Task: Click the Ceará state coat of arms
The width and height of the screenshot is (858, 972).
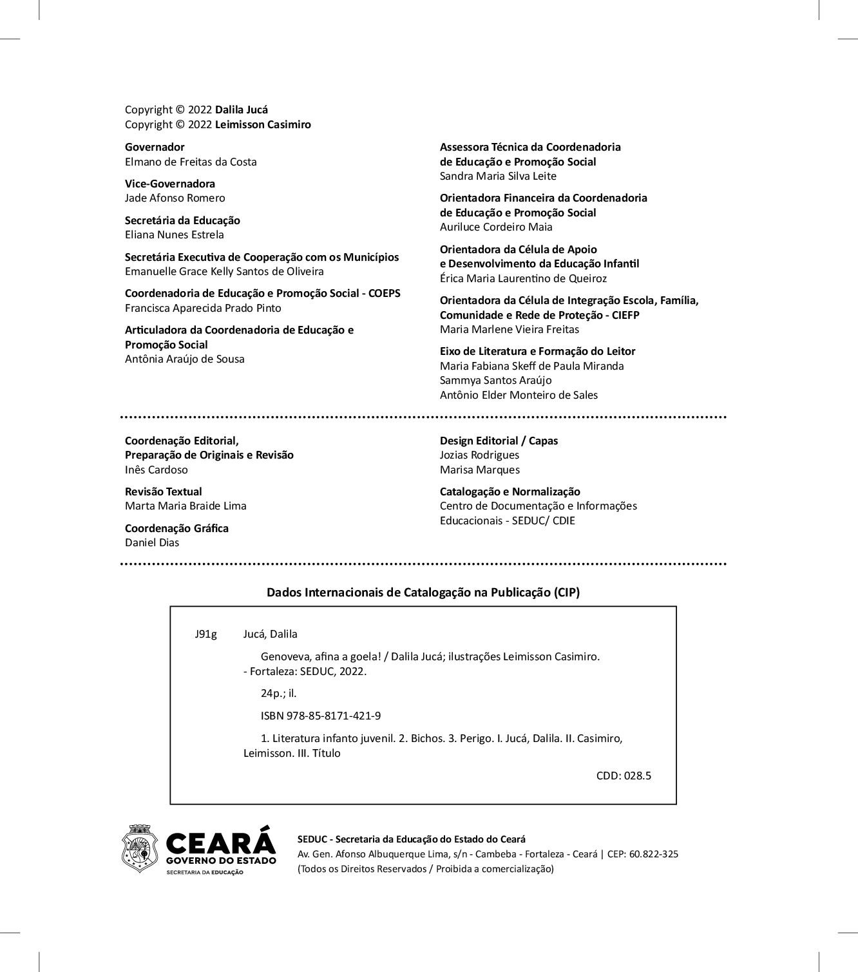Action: click(x=140, y=848)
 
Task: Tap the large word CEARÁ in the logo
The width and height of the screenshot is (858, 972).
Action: click(x=220, y=841)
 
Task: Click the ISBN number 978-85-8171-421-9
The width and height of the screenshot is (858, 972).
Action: click(x=321, y=716)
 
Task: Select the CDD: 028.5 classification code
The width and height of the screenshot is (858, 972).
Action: click(x=624, y=776)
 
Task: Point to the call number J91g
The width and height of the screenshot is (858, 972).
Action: click(x=205, y=634)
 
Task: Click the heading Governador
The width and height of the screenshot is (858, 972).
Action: click(x=155, y=147)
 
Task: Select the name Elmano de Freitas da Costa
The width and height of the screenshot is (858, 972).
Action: click(x=191, y=162)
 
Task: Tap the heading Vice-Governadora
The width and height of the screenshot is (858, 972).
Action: click(x=170, y=184)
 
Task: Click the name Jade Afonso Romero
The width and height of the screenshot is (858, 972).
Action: click(x=175, y=198)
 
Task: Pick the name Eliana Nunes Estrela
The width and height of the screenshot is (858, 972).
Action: click(x=175, y=234)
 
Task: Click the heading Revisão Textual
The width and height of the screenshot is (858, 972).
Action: click(x=164, y=491)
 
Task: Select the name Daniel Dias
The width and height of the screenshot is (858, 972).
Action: click(x=152, y=542)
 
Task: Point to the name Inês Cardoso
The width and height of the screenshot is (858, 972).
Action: click(x=157, y=470)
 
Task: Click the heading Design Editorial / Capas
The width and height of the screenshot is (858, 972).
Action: click(x=499, y=441)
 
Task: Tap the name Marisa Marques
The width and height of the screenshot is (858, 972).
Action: click(x=480, y=470)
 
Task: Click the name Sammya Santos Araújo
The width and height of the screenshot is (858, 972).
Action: click(x=495, y=380)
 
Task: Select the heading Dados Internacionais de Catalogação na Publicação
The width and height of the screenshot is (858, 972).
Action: click(x=423, y=592)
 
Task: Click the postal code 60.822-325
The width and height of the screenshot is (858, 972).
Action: click(x=654, y=854)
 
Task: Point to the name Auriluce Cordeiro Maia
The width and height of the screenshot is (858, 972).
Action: click(x=496, y=227)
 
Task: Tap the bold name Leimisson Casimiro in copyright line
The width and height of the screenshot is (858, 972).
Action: click(x=263, y=124)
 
